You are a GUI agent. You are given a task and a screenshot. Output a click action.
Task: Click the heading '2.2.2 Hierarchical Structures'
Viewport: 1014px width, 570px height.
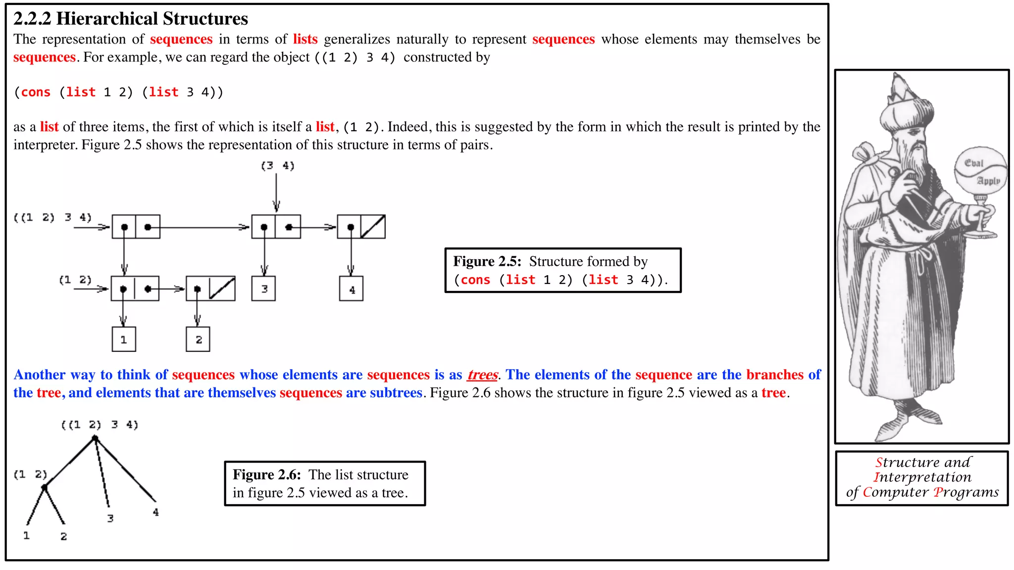coord(131,19)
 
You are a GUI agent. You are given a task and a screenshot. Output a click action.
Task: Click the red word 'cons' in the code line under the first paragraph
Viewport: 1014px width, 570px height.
coord(36,93)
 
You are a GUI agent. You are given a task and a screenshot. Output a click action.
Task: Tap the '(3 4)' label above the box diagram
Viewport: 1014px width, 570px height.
coord(277,166)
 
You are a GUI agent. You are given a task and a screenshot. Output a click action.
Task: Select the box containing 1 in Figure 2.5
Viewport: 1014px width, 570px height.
coord(124,339)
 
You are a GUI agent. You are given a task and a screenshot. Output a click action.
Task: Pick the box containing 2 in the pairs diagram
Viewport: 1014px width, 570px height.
coord(198,339)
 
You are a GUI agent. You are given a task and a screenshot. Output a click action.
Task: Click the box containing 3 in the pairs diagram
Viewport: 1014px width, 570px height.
coord(264,289)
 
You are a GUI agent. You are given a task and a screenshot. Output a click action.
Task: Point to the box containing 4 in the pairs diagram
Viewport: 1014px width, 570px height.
coord(352,289)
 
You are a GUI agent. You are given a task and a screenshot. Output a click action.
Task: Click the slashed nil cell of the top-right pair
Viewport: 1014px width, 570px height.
coord(373,227)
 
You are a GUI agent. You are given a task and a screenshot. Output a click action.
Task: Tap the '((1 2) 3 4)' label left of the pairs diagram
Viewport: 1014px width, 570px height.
coord(52,218)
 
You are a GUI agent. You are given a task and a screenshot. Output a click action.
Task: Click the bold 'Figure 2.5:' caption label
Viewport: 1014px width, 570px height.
coord(487,261)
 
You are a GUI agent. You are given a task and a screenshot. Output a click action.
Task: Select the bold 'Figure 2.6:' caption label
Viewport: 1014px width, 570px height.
coord(267,475)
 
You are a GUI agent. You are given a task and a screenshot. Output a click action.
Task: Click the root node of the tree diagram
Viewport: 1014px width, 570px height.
coord(95,438)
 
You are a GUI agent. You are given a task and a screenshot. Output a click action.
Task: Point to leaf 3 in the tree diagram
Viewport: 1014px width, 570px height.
coord(110,518)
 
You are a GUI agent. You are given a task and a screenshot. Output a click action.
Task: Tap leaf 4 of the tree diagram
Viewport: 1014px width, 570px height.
coord(156,512)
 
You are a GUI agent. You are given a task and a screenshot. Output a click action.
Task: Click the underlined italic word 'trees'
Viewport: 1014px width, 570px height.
coord(482,375)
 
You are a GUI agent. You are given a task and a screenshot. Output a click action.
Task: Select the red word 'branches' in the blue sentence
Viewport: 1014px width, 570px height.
coord(775,375)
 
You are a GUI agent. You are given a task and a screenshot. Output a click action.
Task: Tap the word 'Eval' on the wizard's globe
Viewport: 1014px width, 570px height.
coord(973,163)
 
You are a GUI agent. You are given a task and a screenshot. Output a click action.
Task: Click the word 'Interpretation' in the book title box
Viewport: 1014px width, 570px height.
coord(922,477)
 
